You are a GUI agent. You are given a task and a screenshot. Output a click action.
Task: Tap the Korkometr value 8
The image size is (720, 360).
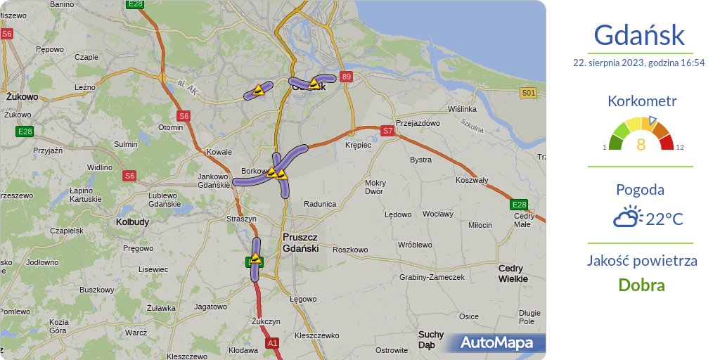pyautogui.click(x=641, y=145)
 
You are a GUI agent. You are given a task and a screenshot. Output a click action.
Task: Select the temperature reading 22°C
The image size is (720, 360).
pyautogui.click(x=664, y=219)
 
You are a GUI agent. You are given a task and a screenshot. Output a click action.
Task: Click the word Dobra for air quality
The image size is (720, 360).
pyautogui.click(x=641, y=285)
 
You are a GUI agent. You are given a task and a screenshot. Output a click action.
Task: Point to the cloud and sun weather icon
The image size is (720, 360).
pyautogui.click(x=627, y=217)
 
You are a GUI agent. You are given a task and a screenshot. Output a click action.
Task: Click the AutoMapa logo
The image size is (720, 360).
pyautogui.click(x=502, y=343)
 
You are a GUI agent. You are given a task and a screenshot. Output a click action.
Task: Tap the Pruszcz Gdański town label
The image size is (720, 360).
pyautogui.click(x=300, y=243)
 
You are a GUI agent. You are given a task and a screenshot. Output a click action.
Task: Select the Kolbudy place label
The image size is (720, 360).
pyautogui.click(x=132, y=222)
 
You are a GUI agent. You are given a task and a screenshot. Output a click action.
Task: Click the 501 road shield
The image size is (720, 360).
pyautogui.click(x=529, y=93)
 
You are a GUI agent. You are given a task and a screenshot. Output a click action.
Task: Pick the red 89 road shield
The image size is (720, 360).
pyautogui.click(x=345, y=76)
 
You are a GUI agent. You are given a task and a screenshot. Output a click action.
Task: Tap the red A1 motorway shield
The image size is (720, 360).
pyautogui.click(x=272, y=343)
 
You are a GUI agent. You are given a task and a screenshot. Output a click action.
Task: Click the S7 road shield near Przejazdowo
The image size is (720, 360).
pyautogui.click(x=387, y=130)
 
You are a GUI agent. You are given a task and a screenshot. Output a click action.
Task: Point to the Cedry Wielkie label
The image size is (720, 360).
pyautogui.click(x=513, y=274)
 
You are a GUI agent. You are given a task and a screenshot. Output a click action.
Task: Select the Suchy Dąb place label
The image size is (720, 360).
pyautogui.click(x=431, y=340)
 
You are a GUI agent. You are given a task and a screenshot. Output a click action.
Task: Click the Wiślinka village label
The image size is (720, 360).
pyautogui.click(x=462, y=109)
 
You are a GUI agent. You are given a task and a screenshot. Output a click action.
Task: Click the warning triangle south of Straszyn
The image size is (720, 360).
pyautogui.click(x=256, y=259)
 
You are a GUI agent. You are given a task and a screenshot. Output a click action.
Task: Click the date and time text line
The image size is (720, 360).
pyautogui.click(x=638, y=63)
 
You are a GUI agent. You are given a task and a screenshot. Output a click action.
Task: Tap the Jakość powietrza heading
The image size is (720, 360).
pyautogui.click(x=642, y=261)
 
